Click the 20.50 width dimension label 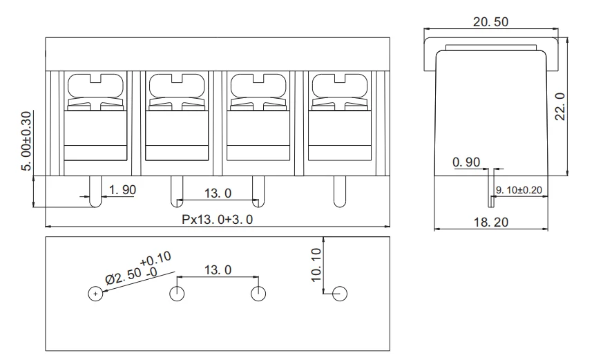tap(490, 22)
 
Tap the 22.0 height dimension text tap(560, 106)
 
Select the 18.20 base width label tap(491, 222)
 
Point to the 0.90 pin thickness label tap(466, 162)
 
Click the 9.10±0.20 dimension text tap(519, 190)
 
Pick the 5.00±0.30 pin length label tap(26, 141)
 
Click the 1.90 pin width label tap(122, 190)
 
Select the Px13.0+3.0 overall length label tap(217, 220)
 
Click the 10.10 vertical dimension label tap(316, 265)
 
